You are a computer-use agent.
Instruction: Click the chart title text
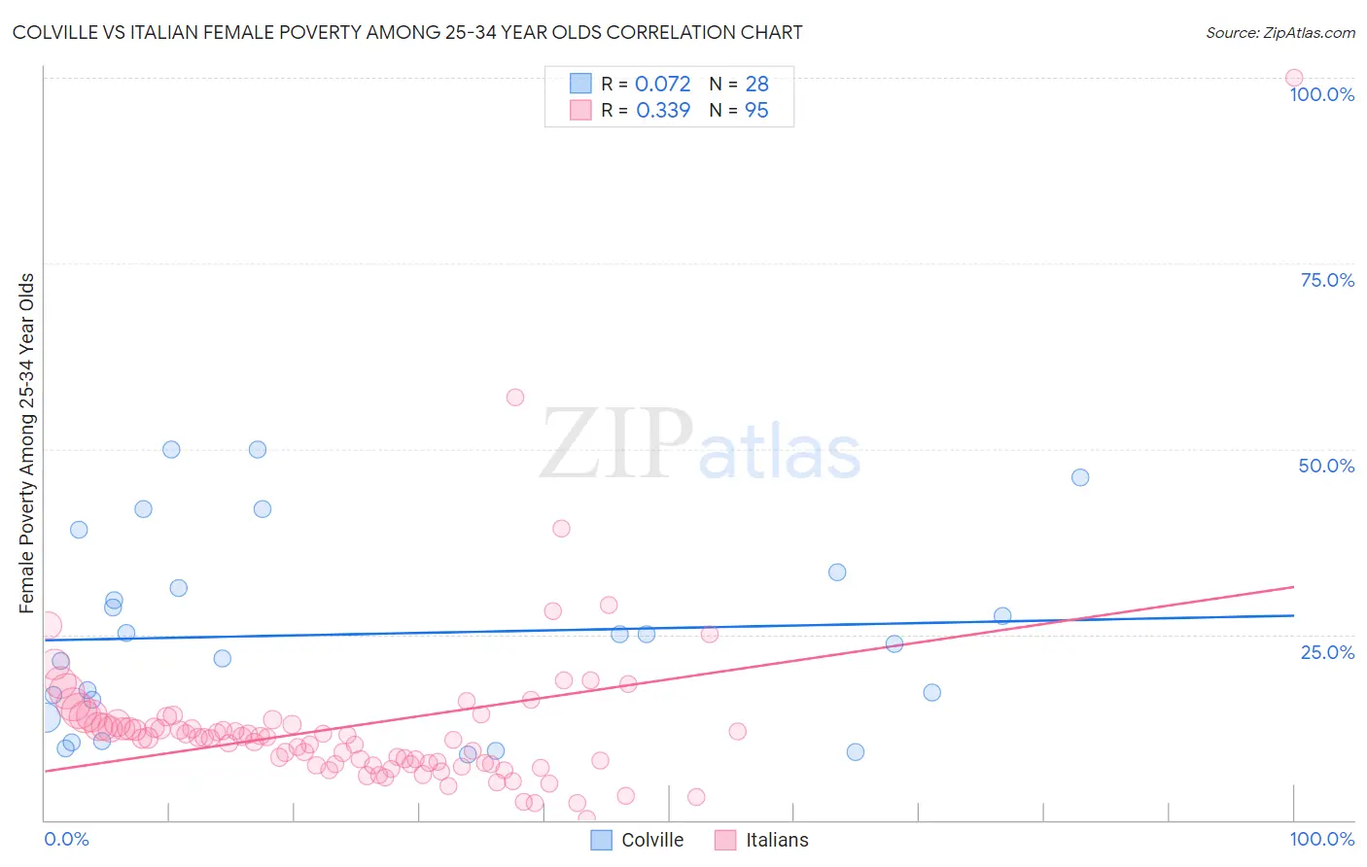(407, 32)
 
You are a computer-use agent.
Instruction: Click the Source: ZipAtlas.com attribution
(1279, 32)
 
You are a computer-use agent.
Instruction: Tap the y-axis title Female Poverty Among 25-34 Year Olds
(26, 443)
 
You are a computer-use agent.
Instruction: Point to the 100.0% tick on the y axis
(1321, 94)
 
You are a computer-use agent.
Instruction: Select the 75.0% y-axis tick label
(1327, 280)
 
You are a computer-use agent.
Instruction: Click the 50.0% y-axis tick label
(1326, 466)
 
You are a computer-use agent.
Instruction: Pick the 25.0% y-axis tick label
(1327, 652)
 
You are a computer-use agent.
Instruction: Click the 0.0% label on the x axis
(66, 839)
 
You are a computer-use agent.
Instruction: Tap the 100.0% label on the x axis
(1321, 839)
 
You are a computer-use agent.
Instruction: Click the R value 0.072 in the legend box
(662, 84)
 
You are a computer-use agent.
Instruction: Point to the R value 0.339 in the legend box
(663, 111)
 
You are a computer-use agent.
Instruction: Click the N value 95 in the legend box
(756, 111)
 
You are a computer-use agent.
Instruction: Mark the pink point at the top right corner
(1294, 78)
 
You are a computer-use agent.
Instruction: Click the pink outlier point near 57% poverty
(515, 398)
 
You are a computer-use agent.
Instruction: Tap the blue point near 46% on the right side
(1080, 477)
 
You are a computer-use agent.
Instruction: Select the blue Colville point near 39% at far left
(79, 530)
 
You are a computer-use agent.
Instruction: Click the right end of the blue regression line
(1293, 615)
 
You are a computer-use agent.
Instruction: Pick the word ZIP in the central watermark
(616, 444)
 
